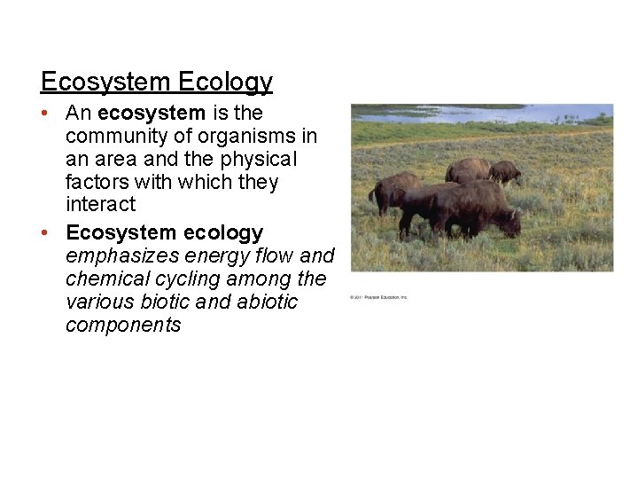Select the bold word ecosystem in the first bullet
click(x=152, y=114)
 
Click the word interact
click(x=100, y=205)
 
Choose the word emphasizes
click(x=122, y=256)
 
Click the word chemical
click(x=105, y=279)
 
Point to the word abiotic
click(x=268, y=302)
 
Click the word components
click(x=122, y=325)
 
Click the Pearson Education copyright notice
click(x=378, y=297)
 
